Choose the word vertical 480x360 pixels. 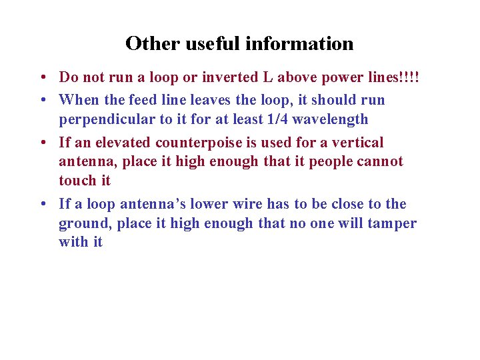click(359, 143)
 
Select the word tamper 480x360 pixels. click(393, 223)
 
